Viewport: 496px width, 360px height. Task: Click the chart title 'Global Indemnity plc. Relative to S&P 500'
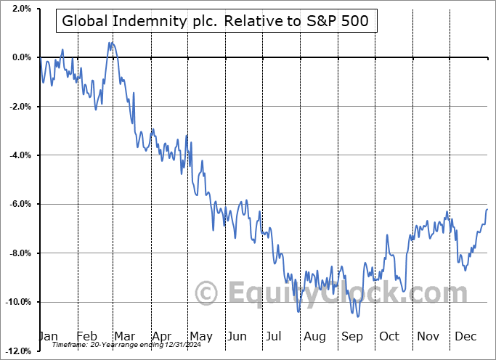pyautogui.click(x=216, y=22)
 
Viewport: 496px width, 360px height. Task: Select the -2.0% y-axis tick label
pyautogui.click(x=20, y=107)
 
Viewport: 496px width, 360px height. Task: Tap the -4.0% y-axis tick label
pyautogui.click(x=20, y=155)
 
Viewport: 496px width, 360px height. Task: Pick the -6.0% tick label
pyautogui.click(x=20, y=204)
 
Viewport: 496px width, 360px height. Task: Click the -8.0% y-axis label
pyautogui.click(x=20, y=253)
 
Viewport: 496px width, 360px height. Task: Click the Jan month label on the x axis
pyautogui.click(x=48, y=336)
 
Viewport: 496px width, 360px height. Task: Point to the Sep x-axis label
pyautogui.click(x=351, y=336)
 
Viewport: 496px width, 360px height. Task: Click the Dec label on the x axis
pyautogui.click(x=465, y=336)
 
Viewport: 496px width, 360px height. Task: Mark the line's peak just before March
pyautogui.click(x=110, y=42)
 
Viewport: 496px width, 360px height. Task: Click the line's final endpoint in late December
pyautogui.click(x=487, y=209)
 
